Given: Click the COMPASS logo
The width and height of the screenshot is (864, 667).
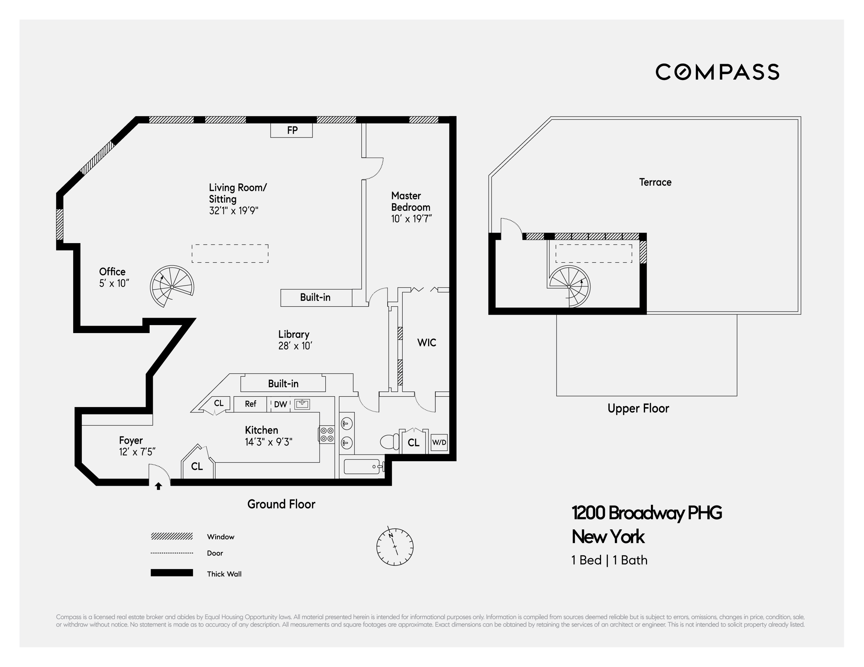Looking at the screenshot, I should [717, 72].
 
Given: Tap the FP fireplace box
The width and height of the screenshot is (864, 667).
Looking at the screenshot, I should [292, 130].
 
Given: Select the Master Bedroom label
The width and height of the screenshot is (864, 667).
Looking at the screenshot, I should [410, 201].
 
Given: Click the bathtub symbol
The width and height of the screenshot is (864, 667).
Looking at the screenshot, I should [362, 467].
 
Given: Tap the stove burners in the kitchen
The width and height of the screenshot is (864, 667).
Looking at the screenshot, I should [327, 434].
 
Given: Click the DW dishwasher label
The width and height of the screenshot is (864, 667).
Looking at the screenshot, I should [280, 404].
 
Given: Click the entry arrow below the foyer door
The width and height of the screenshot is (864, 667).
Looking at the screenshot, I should [158, 486].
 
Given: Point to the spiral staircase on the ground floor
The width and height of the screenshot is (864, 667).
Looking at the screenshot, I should [172, 286].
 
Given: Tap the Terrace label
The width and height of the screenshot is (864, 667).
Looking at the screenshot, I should [655, 182].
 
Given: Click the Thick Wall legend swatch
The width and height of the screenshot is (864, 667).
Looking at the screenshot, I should [172, 573].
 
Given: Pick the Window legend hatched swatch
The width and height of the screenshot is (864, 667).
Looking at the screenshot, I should [172, 536].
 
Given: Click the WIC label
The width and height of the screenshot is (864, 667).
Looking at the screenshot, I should [426, 342].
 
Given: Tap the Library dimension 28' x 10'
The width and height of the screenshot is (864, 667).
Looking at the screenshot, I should [295, 346].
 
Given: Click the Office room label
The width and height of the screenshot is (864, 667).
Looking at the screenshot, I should [112, 272].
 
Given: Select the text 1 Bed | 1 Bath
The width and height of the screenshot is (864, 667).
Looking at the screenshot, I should [609, 560].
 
